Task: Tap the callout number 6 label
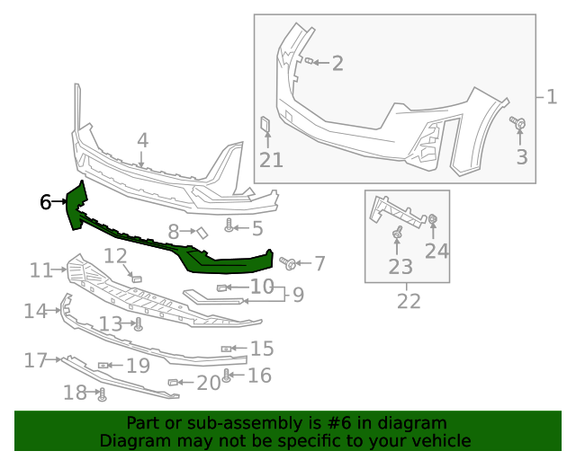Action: point(45,202)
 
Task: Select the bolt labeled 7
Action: point(290,263)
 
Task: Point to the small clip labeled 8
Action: point(202,232)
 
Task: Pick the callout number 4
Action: point(142,140)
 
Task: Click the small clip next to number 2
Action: point(309,61)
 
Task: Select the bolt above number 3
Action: point(519,123)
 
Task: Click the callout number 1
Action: point(550,95)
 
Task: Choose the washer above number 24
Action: point(433,219)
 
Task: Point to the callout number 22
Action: point(409,300)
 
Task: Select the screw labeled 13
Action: point(139,325)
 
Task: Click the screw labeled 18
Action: point(102,393)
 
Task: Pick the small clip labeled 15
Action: point(227,348)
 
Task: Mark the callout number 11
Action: point(41,270)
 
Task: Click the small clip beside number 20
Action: point(174,383)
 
